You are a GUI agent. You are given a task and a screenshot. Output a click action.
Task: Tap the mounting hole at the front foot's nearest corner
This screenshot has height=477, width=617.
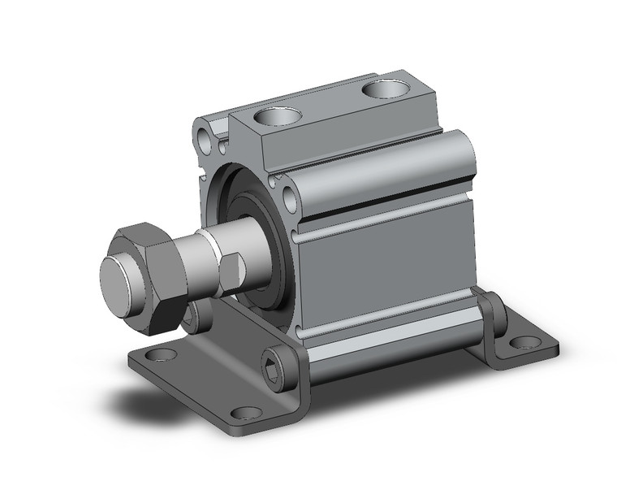click(x=247, y=413)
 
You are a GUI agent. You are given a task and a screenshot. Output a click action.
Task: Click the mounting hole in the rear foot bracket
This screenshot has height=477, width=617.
click(x=525, y=342)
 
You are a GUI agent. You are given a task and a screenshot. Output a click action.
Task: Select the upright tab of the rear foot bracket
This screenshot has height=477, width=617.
click(x=492, y=313)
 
